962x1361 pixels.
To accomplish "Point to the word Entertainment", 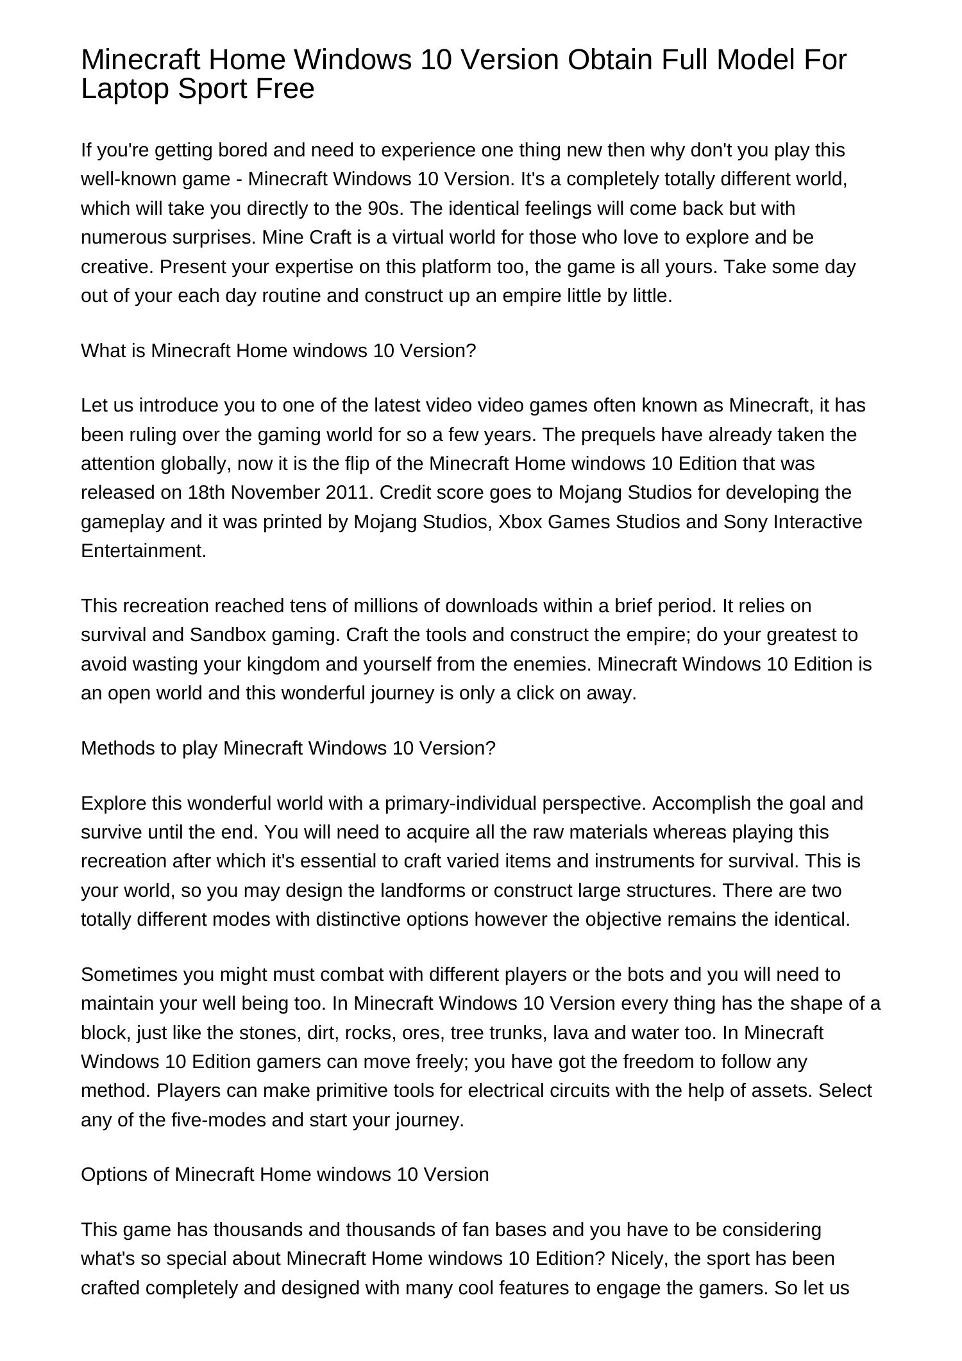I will pos(144,551).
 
